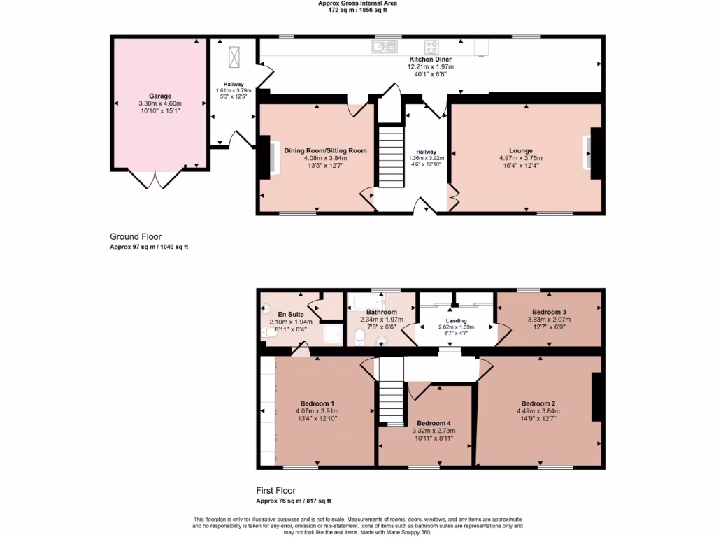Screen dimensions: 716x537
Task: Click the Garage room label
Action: tap(160, 96)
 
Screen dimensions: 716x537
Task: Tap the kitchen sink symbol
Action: tap(385, 47)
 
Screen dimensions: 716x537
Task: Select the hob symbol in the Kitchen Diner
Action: tap(431, 47)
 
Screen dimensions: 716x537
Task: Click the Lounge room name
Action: tap(521, 150)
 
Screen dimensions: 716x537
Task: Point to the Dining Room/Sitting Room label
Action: tap(325, 150)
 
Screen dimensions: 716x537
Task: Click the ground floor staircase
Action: tap(392, 157)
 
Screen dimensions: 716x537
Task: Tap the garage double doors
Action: tap(155, 179)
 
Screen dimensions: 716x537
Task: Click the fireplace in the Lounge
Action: tap(593, 153)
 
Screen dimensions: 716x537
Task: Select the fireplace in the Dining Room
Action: tap(269, 157)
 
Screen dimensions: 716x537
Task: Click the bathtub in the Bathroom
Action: tap(366, 301)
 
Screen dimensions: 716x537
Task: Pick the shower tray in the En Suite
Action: tap(333, 334)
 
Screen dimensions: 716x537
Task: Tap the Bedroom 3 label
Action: tap(549, 312)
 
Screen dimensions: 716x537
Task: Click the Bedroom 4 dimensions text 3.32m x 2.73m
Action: tap(434, 431)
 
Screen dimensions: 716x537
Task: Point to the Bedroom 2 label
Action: tap(538, 403)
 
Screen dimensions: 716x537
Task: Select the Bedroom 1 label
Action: tap(317, 403)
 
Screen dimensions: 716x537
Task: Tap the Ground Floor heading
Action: tap(136, 236)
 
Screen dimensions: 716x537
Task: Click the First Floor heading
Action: tap(275, 490)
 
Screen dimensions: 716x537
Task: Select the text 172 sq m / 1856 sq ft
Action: tap(357, 10)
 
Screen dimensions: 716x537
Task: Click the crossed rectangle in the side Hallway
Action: tap(234, 57)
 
